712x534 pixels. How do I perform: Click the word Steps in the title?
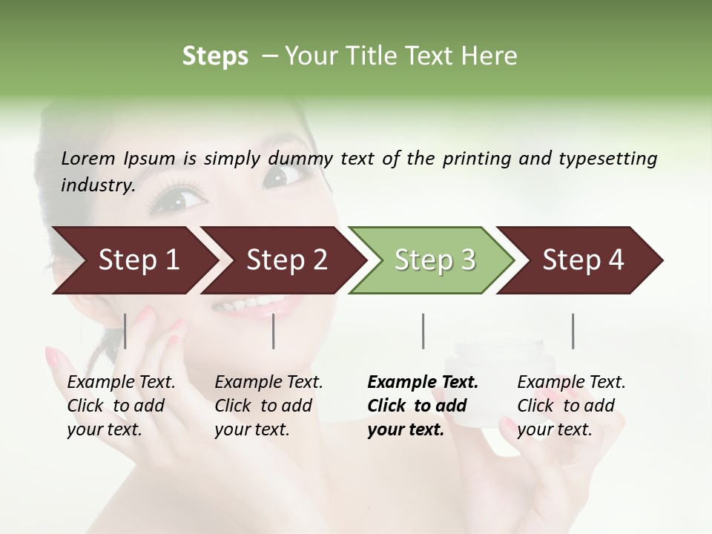[215, 56]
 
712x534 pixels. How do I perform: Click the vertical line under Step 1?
[125, 331]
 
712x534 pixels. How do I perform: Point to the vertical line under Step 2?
[274, 331]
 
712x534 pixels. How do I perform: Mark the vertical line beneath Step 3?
[423, 331]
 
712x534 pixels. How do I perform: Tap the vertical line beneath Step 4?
[573, 331]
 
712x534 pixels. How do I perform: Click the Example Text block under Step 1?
[121, 406]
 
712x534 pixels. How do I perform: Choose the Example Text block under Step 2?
[268, 406]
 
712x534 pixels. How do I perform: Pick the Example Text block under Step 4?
[571, 406]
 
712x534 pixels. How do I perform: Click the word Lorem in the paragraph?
[88, 158]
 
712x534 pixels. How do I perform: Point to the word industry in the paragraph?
[97, 185]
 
